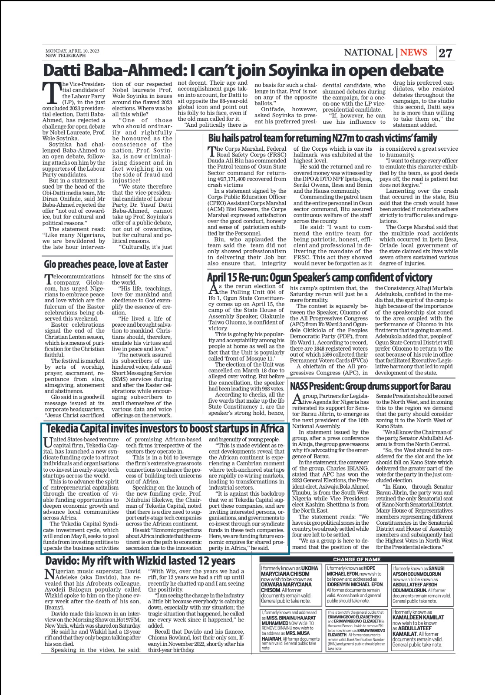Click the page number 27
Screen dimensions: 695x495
pos(445,53)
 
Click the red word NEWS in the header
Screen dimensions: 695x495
pos(413,53)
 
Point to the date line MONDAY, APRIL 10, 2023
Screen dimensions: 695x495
pos(72,51)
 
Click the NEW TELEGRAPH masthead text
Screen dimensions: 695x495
pos(66,56)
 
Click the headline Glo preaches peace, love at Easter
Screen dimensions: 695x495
pos(106,264)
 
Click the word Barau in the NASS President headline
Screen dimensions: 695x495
pos(440,386)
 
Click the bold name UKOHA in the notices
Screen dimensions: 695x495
pos(310,568)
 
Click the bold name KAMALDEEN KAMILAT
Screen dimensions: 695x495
pos(418,617)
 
